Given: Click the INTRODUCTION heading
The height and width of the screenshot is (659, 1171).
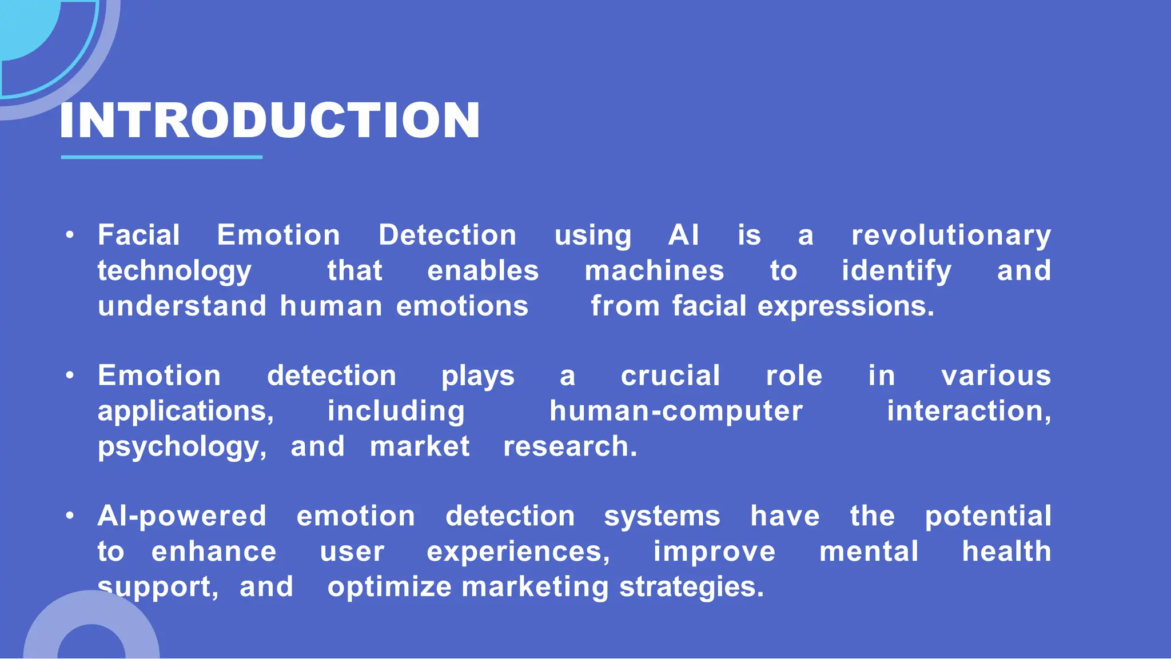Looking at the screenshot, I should (x=269, y=121).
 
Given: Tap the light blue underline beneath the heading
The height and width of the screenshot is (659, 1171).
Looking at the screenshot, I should (x=161, y=157).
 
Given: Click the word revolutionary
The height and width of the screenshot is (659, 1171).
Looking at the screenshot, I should (x=951, y=235).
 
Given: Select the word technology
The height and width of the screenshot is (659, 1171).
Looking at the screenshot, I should (x=174, y=271).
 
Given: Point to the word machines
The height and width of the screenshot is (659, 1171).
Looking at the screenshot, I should (x=654, y=271).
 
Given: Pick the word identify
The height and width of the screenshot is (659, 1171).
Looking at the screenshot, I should (x=896, y=271).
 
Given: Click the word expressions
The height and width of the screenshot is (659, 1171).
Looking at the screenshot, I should (x=846, y=306).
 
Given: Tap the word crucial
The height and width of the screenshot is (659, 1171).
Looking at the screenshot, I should (x=670, y=376).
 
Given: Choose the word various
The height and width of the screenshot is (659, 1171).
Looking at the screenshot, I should (x=996, y=376).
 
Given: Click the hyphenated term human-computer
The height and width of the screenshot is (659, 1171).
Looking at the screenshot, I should (x=676, y=412).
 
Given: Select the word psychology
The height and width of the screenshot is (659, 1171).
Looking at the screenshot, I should (x=182, y=447).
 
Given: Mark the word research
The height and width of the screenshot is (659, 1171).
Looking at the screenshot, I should (x=569, y=447).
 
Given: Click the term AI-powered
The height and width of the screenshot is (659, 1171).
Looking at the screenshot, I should (x=182, y=517).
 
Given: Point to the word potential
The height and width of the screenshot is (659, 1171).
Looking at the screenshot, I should (x=988, y=517).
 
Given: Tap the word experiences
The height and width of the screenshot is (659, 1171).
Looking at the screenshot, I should (x=518, y=552).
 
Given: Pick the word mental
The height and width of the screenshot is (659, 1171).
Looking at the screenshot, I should (x=869, y=552).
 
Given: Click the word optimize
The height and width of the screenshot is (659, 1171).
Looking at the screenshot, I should (x=389, y=588).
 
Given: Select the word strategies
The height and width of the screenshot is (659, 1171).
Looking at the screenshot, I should (x=691, y=588).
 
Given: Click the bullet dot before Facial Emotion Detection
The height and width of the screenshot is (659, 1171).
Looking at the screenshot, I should (x=70, y=235).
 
